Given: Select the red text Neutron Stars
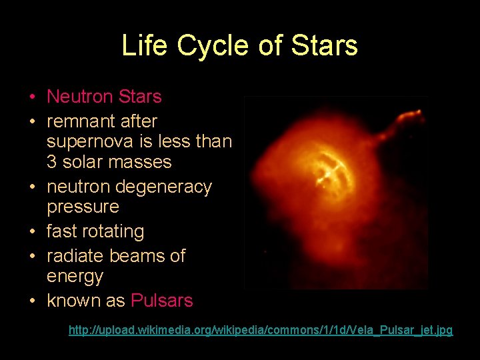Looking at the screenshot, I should coord(104,97).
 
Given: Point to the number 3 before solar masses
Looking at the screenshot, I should coord(51,162).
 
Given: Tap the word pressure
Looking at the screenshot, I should coord(83,207).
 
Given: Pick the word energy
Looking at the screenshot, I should coord(75,277).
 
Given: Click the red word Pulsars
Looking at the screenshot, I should coord(162,301).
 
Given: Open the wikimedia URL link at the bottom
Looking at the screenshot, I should coord(261,330).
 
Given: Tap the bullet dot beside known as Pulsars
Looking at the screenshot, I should coord(32,301).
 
